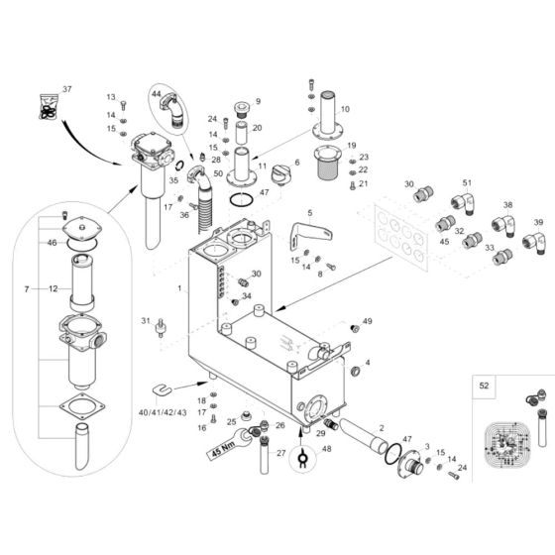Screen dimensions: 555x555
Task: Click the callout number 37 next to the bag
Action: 67,90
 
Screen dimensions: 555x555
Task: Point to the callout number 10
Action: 345,109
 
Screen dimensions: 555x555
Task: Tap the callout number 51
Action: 468,182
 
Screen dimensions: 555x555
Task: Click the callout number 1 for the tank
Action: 179,289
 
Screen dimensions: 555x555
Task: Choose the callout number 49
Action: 367,322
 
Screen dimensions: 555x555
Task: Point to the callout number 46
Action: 50,241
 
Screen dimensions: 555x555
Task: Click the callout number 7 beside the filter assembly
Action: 25,288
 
